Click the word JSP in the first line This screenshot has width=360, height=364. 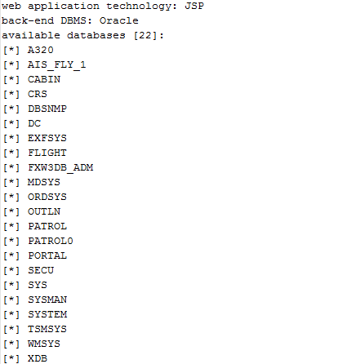pyautogui.click(x=194, y=6)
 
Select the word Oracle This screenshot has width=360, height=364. pyautogui.click(x=119, y=20)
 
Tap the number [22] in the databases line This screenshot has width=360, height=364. pyautogui.click(x=145, y=35)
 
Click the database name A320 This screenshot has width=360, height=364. pyautogui.click(x=41, y=50)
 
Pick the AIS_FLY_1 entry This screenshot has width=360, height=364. pyautogui.click(x=56, y=65)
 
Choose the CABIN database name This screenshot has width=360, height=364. pyautogui.click(x=44, y=79)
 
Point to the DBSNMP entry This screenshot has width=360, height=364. pyautogui.click(x=47, y=109)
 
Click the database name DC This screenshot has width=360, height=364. pyautogui.click(x=34, y=123)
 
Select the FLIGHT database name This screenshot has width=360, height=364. pyautogui.click(x=47, y=153)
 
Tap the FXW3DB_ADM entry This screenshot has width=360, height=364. pyautogui.click(x=60, y=168)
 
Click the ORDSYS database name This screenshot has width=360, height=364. pyautogui.click(x=47, y=197)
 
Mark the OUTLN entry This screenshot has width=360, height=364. pyautogui.click(x=44, y=211)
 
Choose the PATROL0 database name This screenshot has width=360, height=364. pyautogui.click(x=51, y=241)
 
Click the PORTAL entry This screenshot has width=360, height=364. pyautogui.click(x=47, y=255)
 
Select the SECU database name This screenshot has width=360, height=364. pyautogui.click(x=41, y=270)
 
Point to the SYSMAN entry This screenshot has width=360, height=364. pyautogui.click(x=47, y=300)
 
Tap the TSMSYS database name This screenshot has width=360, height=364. pyautogui.click(x=47, y=329)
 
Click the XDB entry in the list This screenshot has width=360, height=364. pyautogui.click(x=38, y=358)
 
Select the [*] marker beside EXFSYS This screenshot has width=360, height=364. pyautogui.click(x=11, y=139)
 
